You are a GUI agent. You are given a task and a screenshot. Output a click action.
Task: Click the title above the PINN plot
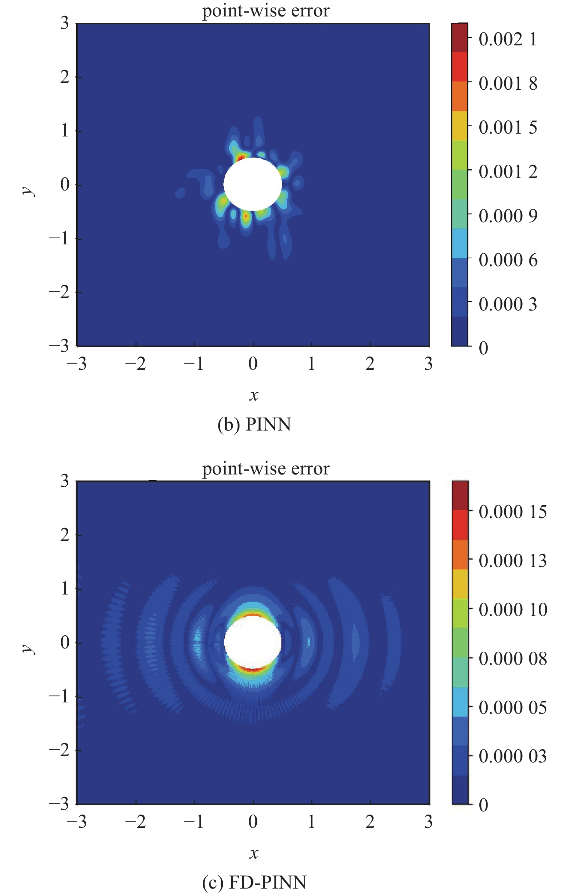pyautogui.click(x=266, y=10)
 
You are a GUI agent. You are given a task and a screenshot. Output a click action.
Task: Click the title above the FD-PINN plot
pyautogui.click(x=266, y=468)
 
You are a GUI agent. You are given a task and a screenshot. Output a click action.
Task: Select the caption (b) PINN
pyautogui.click(x=254, y=424)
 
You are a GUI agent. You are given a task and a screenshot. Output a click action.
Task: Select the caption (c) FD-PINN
pyautogui.click(x=254, y=882)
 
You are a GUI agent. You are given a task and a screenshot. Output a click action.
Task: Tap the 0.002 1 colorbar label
pyautogui.click(x=508, y=39)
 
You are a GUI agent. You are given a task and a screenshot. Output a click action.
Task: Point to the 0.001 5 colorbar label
pyautogui.click(x=508, y=127)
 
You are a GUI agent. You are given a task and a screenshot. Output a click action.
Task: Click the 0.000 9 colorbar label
pyautogui.click(x=508, y=215)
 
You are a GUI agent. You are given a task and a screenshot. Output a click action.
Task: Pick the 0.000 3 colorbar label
pyautogui.click(x=508, y=304)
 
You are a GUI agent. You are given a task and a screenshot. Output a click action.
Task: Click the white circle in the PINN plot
pyautogui.click(x=252, y=184)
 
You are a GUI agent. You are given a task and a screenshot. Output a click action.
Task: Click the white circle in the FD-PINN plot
pyautogui.click(x=252, y=642)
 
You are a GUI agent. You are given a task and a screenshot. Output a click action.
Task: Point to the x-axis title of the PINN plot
pyautogui.click(x=253, y=395)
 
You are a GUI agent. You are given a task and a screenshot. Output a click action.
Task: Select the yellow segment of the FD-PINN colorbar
pyautogui.click(x=460, y=583)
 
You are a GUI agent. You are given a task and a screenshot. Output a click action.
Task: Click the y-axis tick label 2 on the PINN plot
pyautogui.click(x=65, y=77)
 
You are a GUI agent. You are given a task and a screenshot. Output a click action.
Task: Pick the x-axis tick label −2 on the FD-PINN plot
pyautogui.click(x=135, y=821)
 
